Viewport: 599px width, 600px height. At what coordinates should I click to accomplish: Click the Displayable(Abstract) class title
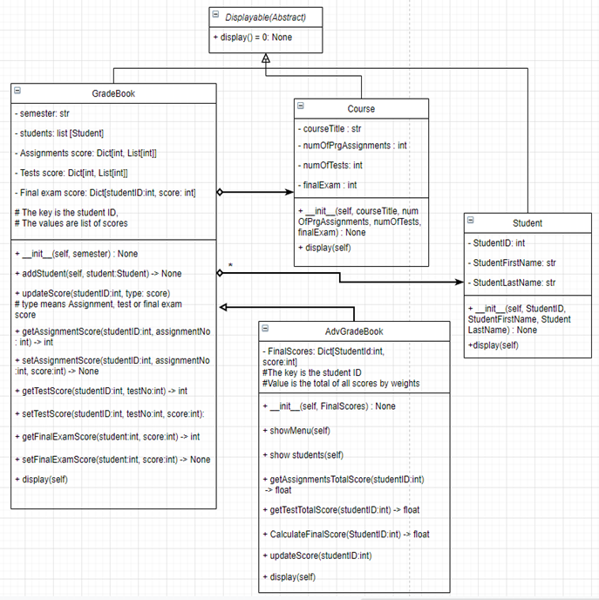coord(267,17)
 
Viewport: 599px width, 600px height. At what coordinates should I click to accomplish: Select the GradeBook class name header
coord(113,93)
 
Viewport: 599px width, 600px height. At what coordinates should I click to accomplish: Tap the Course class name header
coord(361,109)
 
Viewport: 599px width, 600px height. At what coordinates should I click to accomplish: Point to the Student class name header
coord(527,223)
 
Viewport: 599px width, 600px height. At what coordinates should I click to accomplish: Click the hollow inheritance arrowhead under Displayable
coord(266,59)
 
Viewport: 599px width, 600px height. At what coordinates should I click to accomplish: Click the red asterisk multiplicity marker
coord(230,264)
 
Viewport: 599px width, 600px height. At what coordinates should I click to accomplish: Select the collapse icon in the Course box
coord(301,106)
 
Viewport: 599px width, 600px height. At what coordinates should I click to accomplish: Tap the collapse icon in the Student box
coord(469,220)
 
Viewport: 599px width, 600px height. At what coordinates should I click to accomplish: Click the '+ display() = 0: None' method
coord(253,37)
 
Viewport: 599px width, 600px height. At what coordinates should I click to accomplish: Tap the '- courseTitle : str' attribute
coord(331,128)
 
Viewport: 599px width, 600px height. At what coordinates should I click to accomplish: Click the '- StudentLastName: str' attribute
coord(514,283)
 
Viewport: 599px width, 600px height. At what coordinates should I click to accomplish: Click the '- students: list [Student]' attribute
coord(60,133)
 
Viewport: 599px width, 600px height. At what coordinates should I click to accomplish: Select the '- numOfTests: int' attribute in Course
coord(331,165)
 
